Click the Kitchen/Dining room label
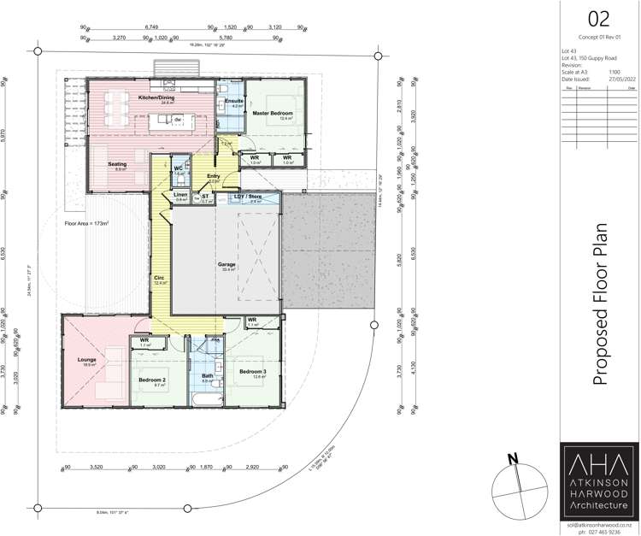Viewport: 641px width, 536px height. pos(156,98)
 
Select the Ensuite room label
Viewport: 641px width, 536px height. pos(234,101)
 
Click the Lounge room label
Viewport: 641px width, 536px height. pos(87,360)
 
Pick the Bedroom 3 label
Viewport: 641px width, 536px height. pos(253,371)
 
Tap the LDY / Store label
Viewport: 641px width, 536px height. pos(248,197)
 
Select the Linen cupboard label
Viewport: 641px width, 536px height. pos(180,195)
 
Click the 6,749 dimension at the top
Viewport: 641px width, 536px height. pos(148,27)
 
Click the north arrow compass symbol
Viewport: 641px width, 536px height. pos(516,486)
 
